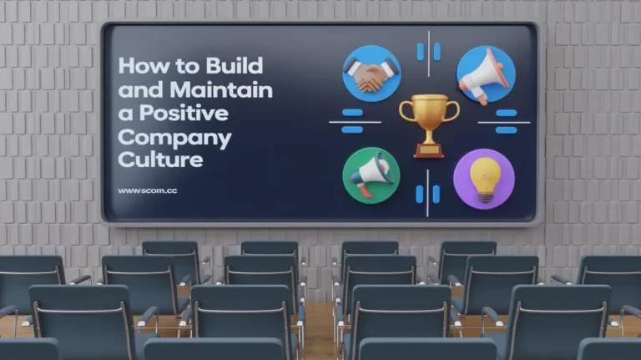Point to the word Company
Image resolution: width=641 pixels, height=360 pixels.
[175, 136]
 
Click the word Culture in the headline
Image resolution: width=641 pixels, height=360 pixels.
[160, 159]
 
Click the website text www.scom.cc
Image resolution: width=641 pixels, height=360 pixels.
[147, 190]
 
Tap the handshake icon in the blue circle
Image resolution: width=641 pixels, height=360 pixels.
[371, 74]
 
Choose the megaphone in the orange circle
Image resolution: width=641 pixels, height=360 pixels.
[485, 74]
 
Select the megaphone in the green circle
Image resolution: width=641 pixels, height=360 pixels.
[371, 175]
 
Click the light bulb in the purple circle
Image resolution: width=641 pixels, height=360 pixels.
[484, 177]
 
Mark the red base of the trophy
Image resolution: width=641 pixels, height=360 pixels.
[428, 150]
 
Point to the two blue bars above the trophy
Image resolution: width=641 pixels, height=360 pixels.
[428, 52]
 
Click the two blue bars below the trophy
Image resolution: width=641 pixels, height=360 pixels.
[428, 194]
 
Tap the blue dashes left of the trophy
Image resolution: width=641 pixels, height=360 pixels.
[352, 121]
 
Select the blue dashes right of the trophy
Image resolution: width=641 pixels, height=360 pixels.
[506, 121]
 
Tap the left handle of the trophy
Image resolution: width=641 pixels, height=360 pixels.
[406, 109]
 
